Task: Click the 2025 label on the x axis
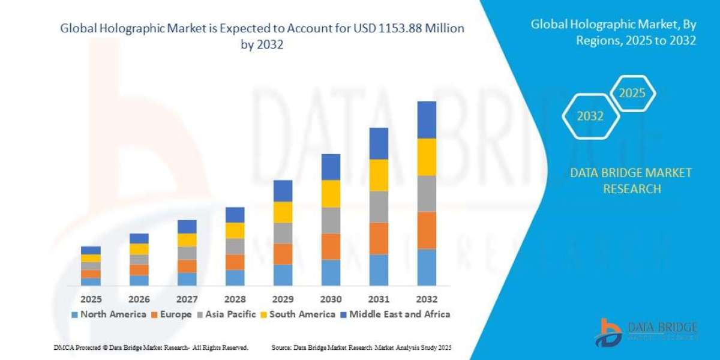91,299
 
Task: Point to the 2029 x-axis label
283,299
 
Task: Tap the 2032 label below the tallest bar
427,299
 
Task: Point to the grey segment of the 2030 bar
331,220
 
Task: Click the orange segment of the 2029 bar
283,254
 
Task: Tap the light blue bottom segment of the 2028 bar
235,278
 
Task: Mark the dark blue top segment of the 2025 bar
91,250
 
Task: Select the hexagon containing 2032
590,116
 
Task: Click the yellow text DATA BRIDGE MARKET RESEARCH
630,181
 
